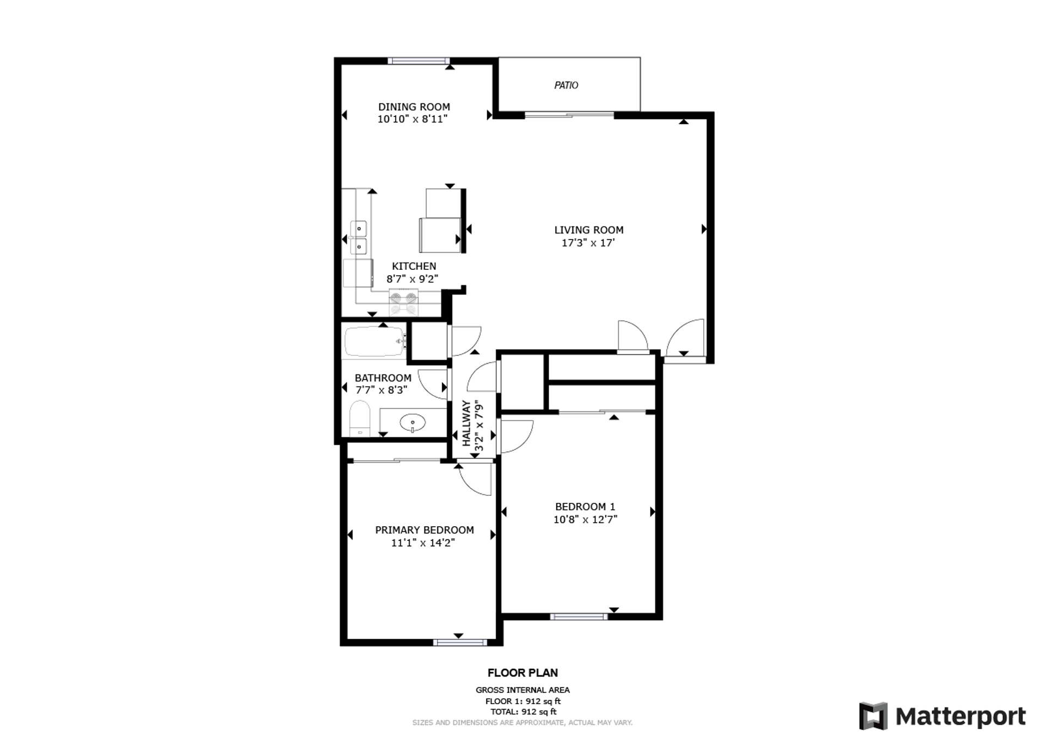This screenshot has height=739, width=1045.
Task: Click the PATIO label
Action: coord(566,85)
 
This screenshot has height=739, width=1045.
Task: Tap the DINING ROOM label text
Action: coord(414,107)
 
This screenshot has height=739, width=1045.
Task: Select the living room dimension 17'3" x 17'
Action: coord(588,243)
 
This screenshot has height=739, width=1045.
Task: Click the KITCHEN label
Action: coord(414,266)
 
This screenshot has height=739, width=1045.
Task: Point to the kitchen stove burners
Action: coord(404,298)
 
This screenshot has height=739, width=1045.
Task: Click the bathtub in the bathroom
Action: coord(375,341)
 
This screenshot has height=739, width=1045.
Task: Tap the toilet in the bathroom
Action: coord(360,418)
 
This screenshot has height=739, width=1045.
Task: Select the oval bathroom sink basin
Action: coord(413,422)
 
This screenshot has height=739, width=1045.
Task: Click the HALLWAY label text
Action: coord(466,423)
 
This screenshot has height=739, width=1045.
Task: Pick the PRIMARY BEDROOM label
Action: coord(425,530)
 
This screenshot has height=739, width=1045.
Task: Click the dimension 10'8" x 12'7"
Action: coord(585,519)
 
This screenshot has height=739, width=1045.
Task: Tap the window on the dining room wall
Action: coord(419,61)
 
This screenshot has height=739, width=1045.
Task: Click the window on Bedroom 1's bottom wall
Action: coord(579,617)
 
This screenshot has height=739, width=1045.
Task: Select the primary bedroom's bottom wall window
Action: coord(460,643)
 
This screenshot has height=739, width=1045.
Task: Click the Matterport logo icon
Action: coord(873,716)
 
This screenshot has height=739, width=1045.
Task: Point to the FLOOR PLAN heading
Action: coord(522,673)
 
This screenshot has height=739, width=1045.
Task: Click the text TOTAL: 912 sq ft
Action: coord(523,711)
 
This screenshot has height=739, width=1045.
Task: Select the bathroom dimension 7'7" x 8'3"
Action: coord(381,390)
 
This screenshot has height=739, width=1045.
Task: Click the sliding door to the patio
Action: coord(569,115)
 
